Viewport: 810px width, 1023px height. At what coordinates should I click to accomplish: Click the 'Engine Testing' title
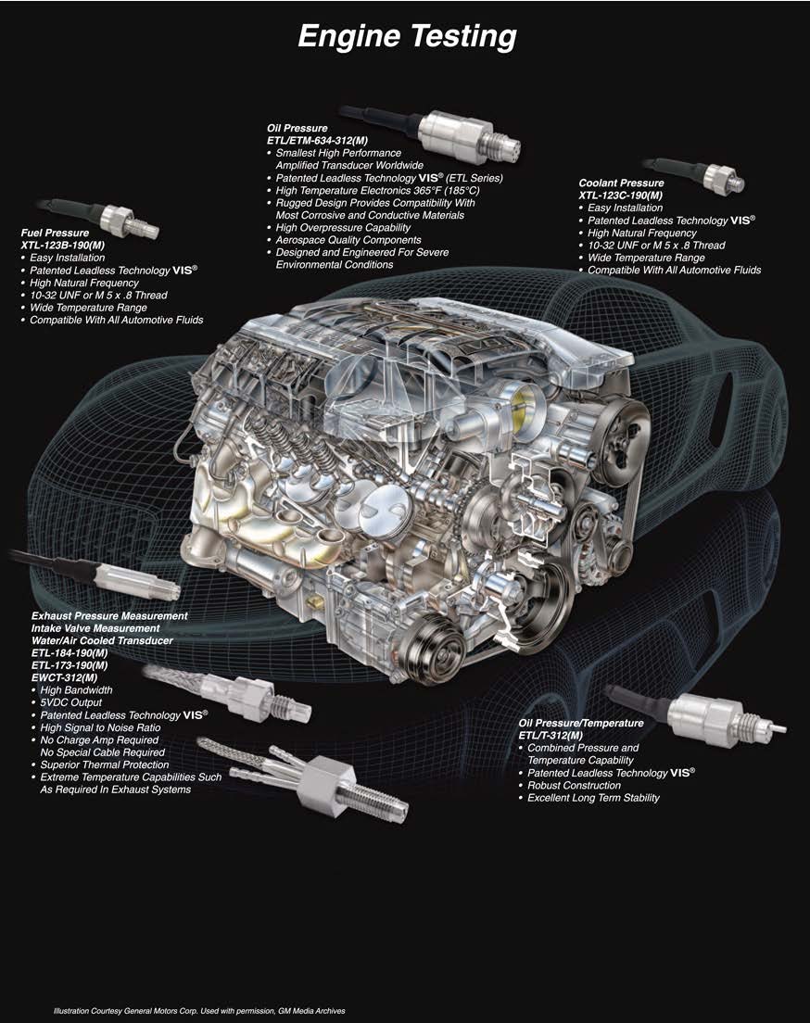pyautogui.click(x=407, y=37)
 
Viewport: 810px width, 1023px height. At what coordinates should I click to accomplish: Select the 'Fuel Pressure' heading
pyautogui.click(x=55, y=233)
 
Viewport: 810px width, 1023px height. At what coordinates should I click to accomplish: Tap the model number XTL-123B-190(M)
pyautogui.click(x=63, y=246)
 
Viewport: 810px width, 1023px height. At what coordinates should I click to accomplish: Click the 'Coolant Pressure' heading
pyautogui.click(x=621, y=183)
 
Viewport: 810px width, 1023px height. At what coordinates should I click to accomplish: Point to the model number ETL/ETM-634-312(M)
pyautogui.click(x=317, y=141)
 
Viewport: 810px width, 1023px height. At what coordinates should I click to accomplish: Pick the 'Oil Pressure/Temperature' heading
pyautogui.click(x=581, y=723)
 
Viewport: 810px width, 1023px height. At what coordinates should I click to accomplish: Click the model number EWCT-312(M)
pyautogui.click(x=64, y=678)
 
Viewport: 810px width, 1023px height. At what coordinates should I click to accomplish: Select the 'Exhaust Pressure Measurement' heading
pyautogui.click(x=109, y=616)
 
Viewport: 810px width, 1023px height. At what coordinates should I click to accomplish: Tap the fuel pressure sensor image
pyautogui.click(x=98, y=217)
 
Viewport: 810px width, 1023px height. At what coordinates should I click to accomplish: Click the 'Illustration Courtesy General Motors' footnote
pyautogui.click(x=199, y=1011)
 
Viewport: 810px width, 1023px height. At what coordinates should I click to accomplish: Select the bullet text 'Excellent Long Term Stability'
pyautogui.click(x=593, y=798)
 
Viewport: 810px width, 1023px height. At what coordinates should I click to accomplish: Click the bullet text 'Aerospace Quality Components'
pyautogui.click(x=348, y=240)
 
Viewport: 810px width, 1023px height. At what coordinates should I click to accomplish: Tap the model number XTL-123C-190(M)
pyautogui.click(x=621, y=196)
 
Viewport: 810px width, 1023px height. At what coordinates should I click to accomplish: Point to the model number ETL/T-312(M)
pyautogui.click(x=551, y=736)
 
